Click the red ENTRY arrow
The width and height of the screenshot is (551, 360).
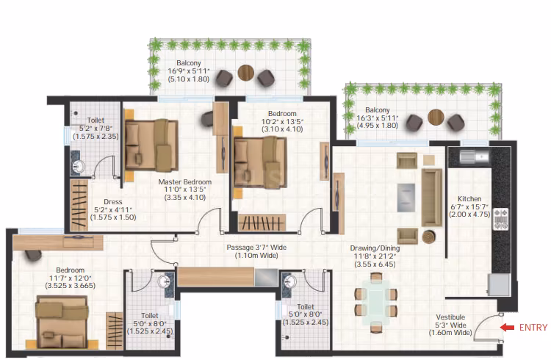[x=507, y=327]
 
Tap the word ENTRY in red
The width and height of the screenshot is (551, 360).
[x=533, y=327]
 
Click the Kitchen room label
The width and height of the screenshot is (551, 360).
[x=469, y=198]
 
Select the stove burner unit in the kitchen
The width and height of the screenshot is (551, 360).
[x=501, y=219]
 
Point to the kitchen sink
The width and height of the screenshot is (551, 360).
[x=475, y=156]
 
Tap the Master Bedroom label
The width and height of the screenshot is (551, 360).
[x=185, y=181]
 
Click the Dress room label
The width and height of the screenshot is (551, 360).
[x=113, y=202]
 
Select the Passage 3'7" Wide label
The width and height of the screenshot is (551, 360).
[x=256, y=247]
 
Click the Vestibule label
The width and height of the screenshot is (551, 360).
[x=450, y=317]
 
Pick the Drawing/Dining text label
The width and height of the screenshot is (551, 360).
[x=375, y=248]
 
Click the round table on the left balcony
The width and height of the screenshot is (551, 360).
[x=245, y=73]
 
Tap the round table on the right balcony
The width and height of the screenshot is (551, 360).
[x=436, y=117]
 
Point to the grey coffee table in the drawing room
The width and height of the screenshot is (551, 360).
[x=406, y=198]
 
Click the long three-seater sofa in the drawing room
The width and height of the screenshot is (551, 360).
[x=432, y=197]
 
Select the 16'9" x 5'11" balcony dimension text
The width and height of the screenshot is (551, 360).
[x=188, y=71]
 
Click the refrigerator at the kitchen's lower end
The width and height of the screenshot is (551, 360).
[x=498, y=285]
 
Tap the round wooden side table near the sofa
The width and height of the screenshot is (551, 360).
[x=429, y=237]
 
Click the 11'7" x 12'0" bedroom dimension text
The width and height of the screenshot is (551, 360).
[x=71, y=278]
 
